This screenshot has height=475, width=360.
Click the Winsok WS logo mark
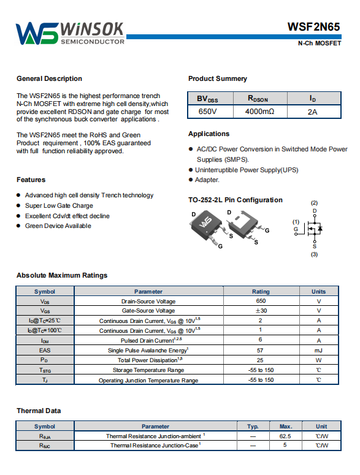(36, 34)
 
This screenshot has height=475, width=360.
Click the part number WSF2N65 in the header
(313, 27)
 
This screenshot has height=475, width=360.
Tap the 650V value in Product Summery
(207, 112)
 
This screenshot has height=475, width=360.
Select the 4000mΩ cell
(259, 112)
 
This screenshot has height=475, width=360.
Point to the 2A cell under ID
(312, 112)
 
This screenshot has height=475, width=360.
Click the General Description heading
(50, 78)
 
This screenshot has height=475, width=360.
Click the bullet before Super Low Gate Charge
(18, 206)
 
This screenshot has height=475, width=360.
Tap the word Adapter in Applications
(207, 180)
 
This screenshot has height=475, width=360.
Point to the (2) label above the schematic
(314, 203)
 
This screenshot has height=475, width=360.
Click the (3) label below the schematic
(314, 254)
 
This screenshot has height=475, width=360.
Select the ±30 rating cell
(261, 311)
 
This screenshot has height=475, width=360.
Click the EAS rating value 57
(260, 350)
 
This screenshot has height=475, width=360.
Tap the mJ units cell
(319, 350)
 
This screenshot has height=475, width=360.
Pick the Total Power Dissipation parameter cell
(149, 360)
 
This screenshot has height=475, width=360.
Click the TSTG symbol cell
(45, 370)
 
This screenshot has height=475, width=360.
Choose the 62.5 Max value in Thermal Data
(285, 436)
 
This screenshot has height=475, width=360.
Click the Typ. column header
(253, 426)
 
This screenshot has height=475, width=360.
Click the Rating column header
(261, 291)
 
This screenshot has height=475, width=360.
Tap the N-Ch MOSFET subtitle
(320, 44)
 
